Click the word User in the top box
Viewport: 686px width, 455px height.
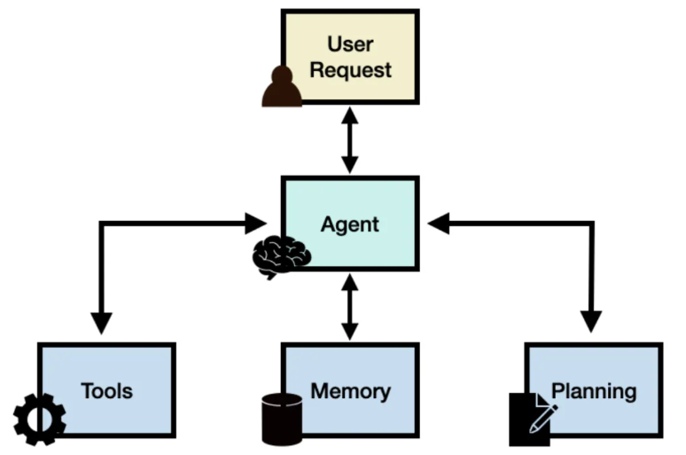click(x=350, y=43)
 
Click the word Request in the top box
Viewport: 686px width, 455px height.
click(x=350, y=69)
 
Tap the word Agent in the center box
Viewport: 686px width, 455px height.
click(x=349, y=224)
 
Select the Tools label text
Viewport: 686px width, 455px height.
click(x=106, y=390)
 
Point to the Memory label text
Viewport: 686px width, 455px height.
click(x=350, y=390)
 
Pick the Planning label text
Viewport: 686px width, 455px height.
click(x=593, y=390)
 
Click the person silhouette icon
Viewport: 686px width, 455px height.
click(x=281, y=87)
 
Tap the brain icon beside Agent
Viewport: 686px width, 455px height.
click(x=281, y=256)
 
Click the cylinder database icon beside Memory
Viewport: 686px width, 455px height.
click(x=282, y=418)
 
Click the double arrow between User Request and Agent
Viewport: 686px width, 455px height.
click(x=350, y=140)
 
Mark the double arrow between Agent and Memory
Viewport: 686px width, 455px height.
click(x=350, y=306)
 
